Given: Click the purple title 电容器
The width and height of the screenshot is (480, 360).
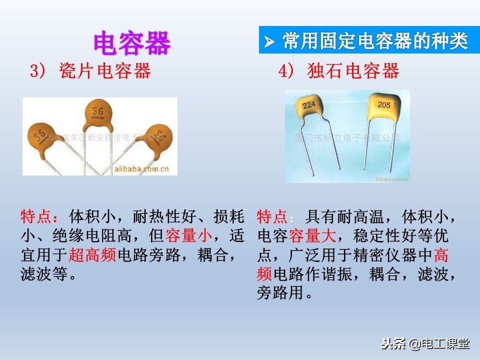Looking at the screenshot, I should point(132,43).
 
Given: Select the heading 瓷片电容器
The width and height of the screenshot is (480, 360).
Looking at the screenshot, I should point(104,71).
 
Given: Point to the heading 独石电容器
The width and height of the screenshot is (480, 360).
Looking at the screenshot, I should point(353,71).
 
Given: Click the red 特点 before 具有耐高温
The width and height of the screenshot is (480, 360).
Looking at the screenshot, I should point(272,217).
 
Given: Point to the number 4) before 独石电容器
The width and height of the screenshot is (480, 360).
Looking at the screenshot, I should point(285,71).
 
